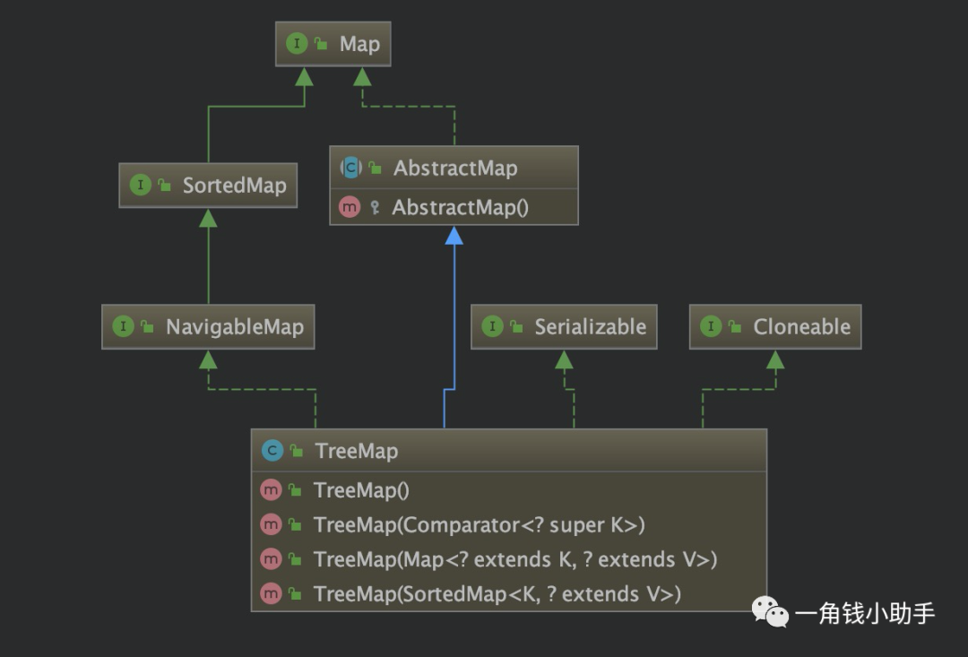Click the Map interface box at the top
coord(333,44)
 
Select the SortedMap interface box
coord(208,186)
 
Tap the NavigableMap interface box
coord(208,326)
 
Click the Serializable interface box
coord(564,326)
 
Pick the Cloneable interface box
coord(775,326)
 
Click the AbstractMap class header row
coord(454,168)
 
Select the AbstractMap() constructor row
coord(454,207)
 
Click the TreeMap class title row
coord(508,451)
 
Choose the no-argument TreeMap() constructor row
coord(508,490)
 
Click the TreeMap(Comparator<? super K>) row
coord(508,524)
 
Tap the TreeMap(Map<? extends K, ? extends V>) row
coord(508,559)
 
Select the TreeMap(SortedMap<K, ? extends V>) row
coord(508,593)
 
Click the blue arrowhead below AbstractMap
coord(454,236)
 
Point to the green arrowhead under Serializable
coord(564,360)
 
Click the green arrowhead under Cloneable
coord(775,360)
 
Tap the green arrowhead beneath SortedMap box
coord(208,219)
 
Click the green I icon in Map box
coord(296,44)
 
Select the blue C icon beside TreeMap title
coord(272,451)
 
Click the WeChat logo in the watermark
coord(769,612)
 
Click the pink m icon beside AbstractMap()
coord(350,207)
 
